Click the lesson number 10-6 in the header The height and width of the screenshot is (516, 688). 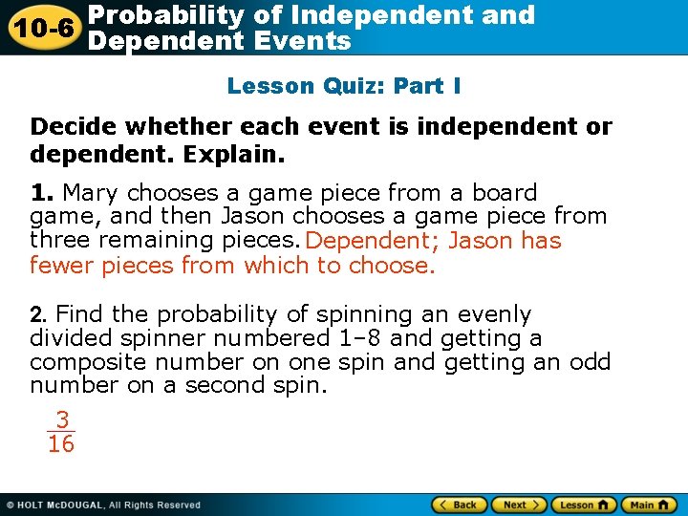coord(41,27)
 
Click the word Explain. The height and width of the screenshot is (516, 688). coord(246,153)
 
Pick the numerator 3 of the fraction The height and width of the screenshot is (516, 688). coord(62,419)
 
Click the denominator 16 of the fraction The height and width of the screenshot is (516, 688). coord(61,444)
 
